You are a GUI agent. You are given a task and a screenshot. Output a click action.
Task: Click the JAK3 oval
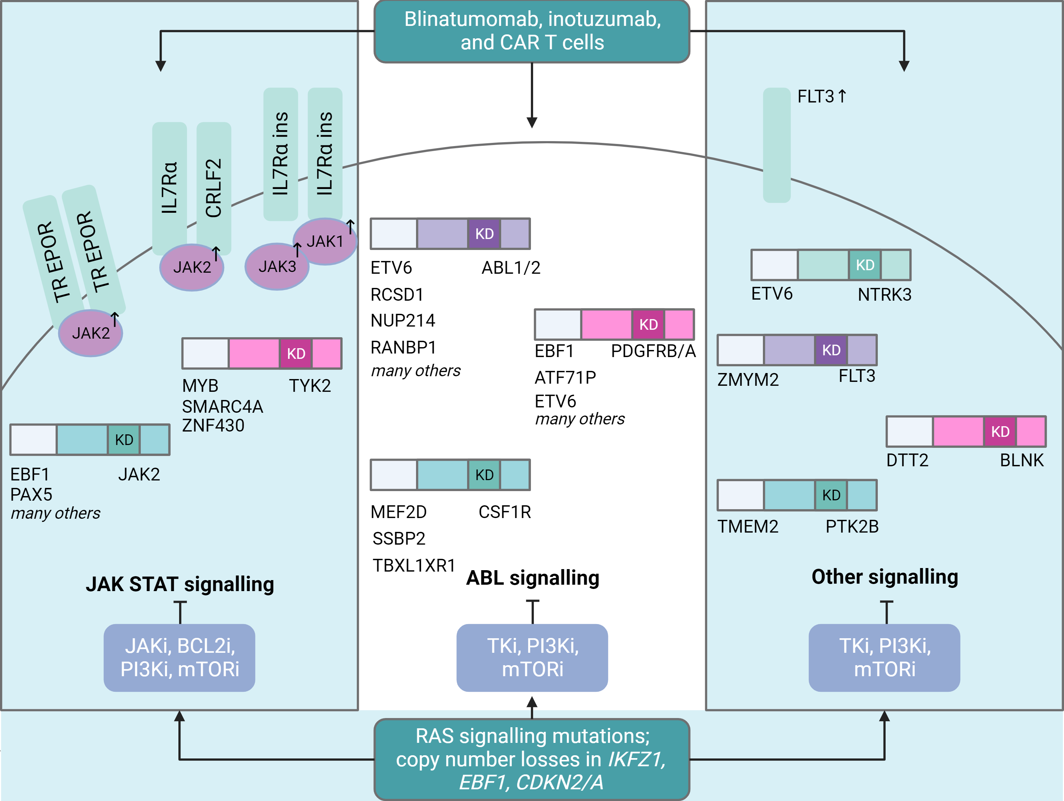[277, 266]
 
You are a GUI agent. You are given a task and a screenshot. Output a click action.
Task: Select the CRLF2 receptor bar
[214, 188]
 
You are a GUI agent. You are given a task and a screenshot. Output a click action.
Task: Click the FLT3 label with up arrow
[821, 97]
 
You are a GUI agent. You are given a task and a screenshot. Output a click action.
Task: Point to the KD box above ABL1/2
[484, 234]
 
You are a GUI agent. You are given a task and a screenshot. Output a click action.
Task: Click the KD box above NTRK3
[865, 265]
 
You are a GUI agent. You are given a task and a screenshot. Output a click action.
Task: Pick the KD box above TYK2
[296, 354]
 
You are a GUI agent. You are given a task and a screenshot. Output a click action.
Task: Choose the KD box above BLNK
[1000, 431]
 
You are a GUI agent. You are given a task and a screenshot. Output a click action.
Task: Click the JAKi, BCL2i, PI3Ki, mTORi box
[179, 657]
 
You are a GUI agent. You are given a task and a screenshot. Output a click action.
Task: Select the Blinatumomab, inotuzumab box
[532, 31]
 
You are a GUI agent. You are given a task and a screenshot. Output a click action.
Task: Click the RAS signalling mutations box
[532, 759]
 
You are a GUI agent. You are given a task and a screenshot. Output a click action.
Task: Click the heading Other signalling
[885, 577]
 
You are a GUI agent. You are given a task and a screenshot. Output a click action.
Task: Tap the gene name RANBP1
[403, 347]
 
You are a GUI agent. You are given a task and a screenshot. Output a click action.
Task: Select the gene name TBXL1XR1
[414, 566]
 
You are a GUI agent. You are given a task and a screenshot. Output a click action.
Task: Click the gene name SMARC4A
[222, 407]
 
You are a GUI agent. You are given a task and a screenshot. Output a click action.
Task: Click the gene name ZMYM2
[748, 379]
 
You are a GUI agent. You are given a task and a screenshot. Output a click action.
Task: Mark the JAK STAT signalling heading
[180, 584]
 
